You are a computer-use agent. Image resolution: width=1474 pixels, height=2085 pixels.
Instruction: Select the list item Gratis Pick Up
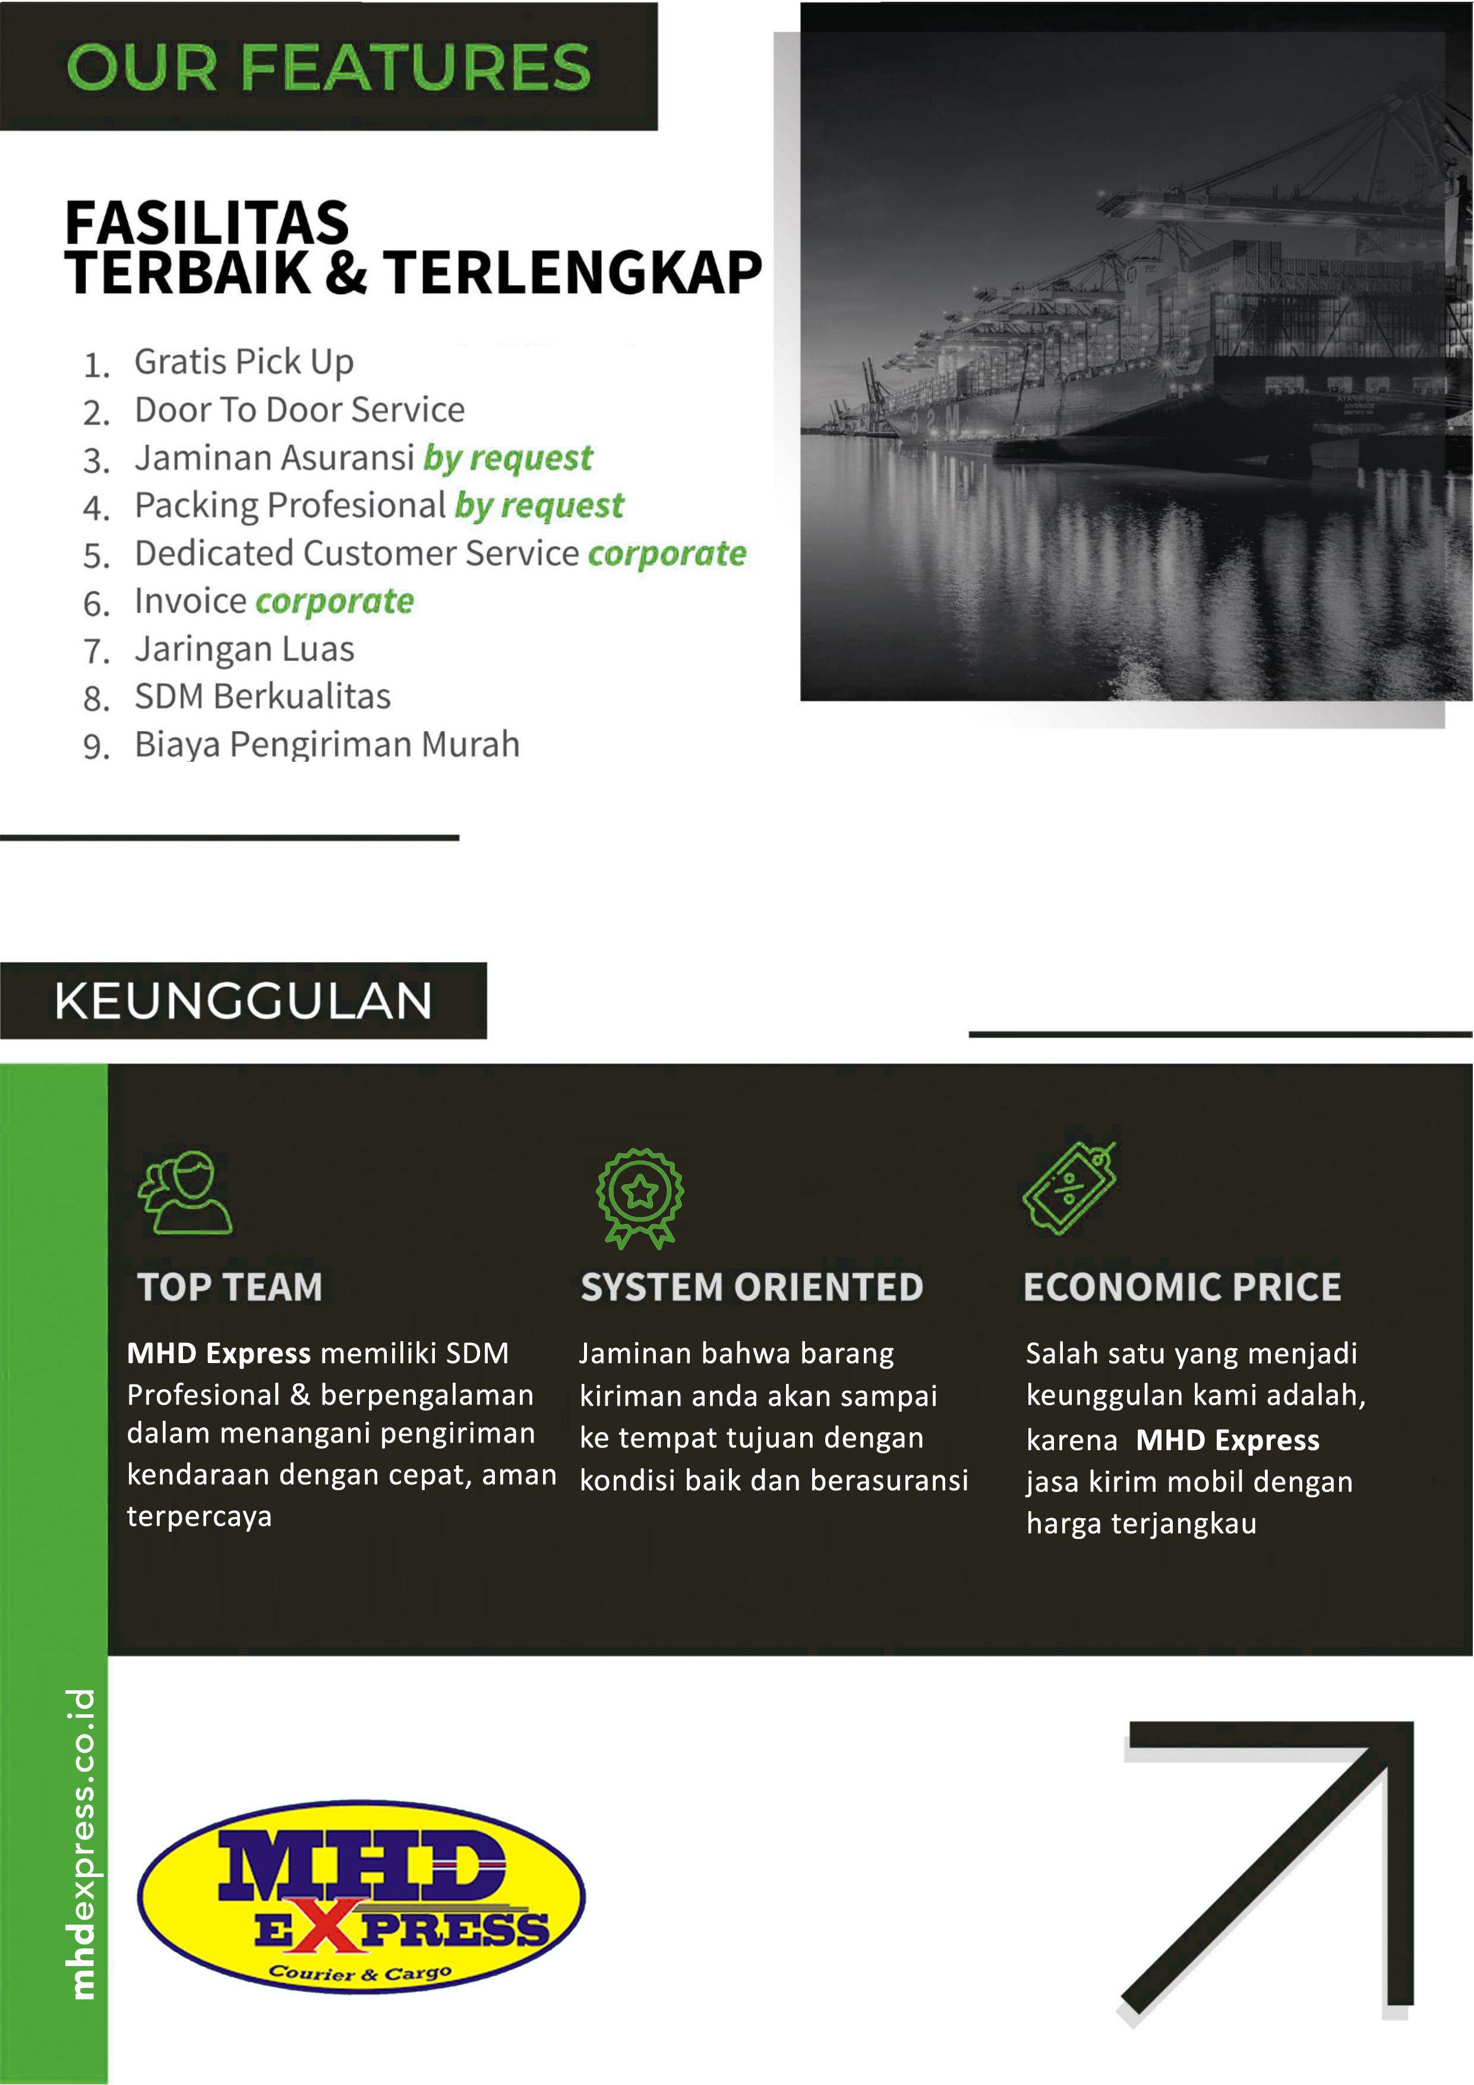tap(244, 361)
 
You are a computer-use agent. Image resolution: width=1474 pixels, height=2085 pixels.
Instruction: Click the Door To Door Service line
tap(299, 409)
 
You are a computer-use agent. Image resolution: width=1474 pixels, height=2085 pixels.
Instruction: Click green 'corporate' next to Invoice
tap(334, 601)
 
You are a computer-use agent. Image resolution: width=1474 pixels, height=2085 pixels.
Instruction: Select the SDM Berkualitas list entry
tap(263, 696)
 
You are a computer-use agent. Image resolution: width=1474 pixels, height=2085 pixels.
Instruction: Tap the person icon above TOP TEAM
tap(185, 1193)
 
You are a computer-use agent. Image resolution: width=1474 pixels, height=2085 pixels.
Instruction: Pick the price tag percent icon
tap(1069, 1189)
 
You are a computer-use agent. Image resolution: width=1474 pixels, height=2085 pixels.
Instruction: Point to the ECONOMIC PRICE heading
tap(1182, 1287)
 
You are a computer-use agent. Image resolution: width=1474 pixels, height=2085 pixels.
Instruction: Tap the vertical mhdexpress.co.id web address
tap(82, 1843)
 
